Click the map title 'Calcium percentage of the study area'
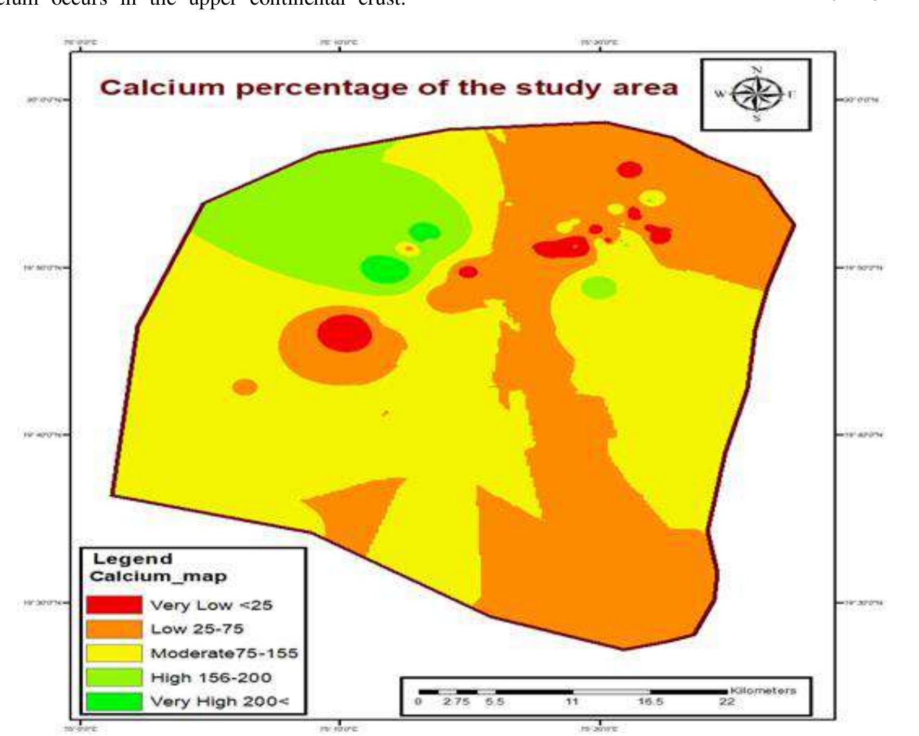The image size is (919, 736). click(389, 87)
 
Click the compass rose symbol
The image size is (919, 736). click(756, 94)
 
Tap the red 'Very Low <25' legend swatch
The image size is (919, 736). click(114, 605)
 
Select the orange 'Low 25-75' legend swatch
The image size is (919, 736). click(114, 629)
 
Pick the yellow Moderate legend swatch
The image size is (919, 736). click(114, 653)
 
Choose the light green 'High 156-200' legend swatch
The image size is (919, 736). click(114, 677)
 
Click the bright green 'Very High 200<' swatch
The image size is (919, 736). click(114, 701)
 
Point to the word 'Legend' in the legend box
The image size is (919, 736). click(132, 559)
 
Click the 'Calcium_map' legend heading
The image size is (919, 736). click(158, 576)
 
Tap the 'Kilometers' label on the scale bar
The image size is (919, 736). click(763, 691)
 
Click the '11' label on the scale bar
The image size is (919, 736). click(572, 702)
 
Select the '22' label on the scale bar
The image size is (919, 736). click(727, 702)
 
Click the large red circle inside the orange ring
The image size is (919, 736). click(344, 333)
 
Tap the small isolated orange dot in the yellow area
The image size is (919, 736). click(245, 387)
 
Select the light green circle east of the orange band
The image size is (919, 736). click(599, 287)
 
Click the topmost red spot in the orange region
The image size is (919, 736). click(629, 170)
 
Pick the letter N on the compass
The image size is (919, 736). click(757, 70)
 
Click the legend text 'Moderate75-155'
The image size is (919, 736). click(224, 653)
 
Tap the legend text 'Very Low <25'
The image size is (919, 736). click(211, 605)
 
